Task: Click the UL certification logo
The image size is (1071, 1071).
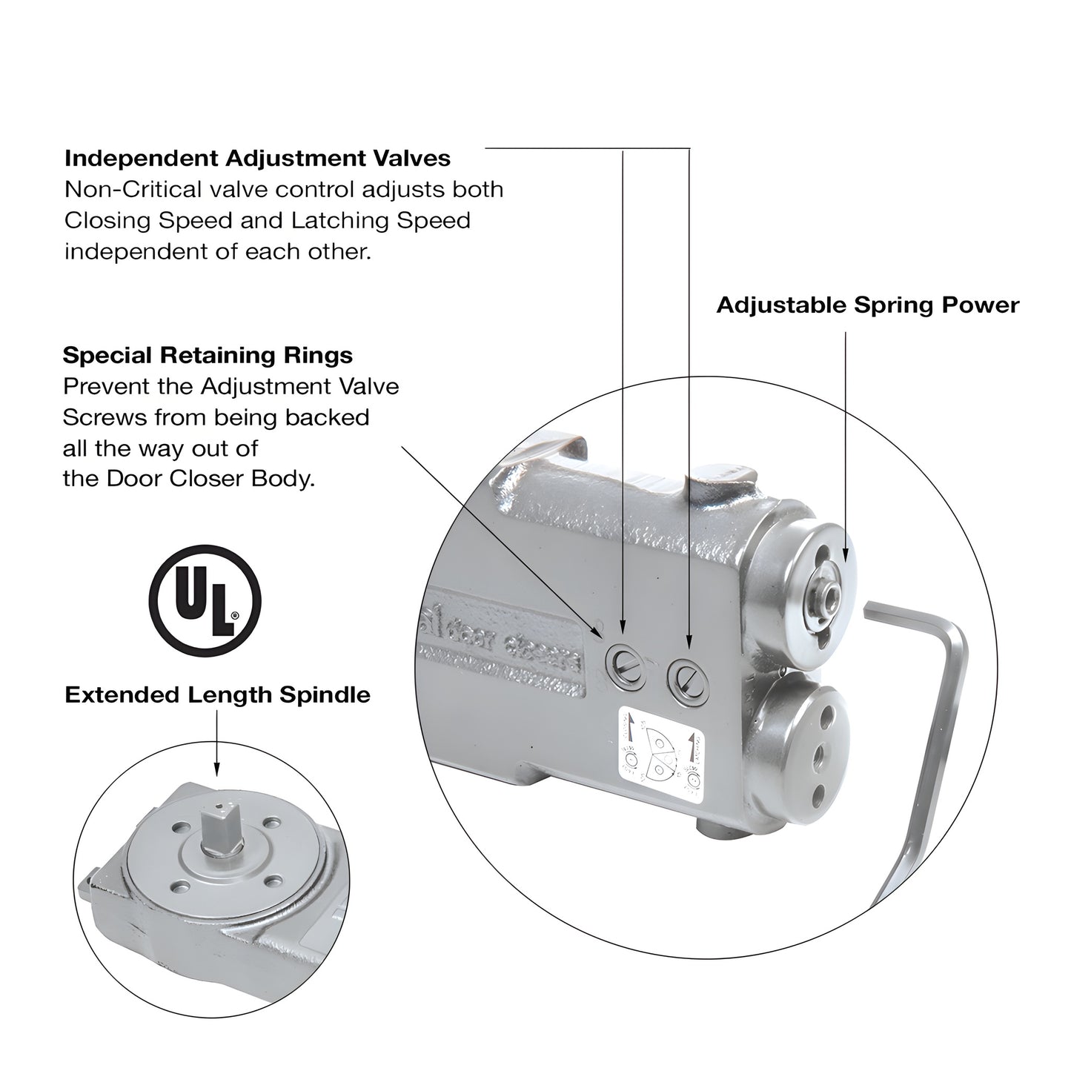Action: pyautogui.click(x=205, y=600)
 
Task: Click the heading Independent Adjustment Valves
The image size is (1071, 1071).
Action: pyautogui.click(x=257, y=159)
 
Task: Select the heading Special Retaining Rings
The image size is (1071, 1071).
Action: pyautogui.click(x=208, y=355)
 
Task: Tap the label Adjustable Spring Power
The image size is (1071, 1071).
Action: pyautogui.click(x=867, y=305)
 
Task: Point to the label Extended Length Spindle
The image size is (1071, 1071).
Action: pyautogui.click(x=217, y=695)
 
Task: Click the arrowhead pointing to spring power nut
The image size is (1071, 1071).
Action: pyautogui.click(x=846, y=552)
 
